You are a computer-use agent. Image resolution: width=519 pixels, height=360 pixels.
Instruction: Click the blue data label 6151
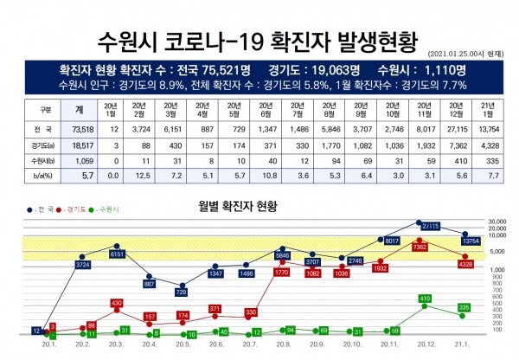click(117, 254)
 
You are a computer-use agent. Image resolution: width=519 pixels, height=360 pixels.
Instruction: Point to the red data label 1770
click(281, 273)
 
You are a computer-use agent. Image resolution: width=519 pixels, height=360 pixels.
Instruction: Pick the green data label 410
click(425, 298)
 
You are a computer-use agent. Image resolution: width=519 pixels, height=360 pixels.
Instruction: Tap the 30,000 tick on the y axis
click(496, 222)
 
